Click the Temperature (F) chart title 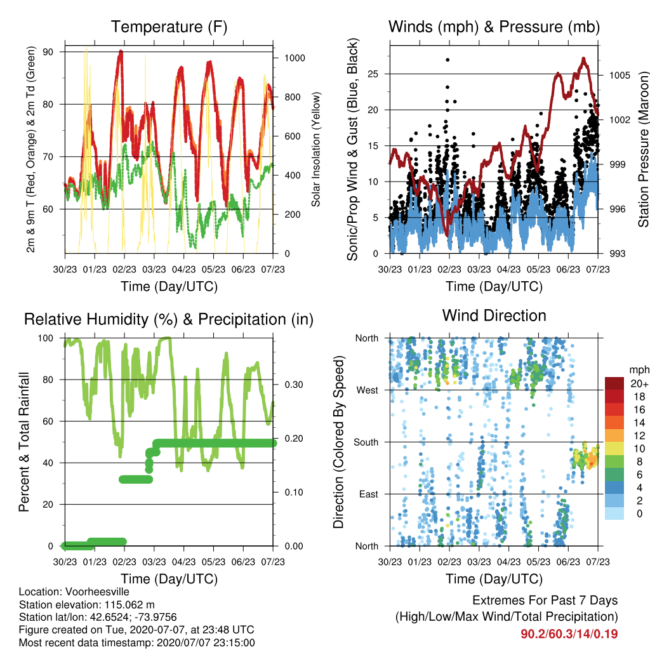169,27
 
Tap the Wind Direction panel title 494,315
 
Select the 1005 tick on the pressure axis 620,76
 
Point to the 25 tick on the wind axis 373,74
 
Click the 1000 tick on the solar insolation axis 295,58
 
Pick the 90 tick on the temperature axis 48,52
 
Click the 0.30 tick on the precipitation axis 294,385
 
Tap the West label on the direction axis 368,390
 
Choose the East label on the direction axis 369,494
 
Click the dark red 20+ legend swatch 614,383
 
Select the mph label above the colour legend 639,370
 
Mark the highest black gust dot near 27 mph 448,60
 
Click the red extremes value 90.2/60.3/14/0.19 569,634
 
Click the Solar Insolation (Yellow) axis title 316,149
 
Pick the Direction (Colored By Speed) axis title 339,442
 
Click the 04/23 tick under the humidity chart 183,562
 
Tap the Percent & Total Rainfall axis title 24,442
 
